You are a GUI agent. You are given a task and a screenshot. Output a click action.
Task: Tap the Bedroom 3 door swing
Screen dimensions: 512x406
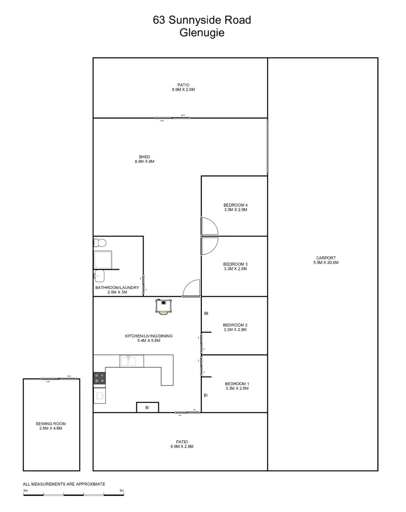pyautogui.click(x=209, y=246)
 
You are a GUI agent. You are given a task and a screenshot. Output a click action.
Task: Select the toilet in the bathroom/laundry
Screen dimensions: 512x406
pyautogui.click(x=99, y=243)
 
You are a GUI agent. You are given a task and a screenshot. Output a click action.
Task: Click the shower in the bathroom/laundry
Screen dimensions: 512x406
pyautogui.click(x=103, y=259)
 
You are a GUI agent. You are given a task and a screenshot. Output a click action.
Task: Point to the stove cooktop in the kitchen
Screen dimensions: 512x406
pyautogui.click(x=99, y=378)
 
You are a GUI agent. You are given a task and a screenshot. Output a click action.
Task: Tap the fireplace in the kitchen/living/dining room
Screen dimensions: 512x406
pyautogui.click(x=163, y=306)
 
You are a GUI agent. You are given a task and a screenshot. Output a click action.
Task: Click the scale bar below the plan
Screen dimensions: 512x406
pyautogui.click(x=73, y=494)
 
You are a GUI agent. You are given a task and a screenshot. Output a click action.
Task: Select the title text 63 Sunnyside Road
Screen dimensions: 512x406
pyautogui.click(x=202, y=20)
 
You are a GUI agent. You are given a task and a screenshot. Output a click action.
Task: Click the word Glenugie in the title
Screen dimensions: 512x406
pyautogui.click(x=202, y=33)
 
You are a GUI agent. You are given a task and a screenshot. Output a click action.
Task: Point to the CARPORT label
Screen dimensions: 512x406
pyautogui.click(x=325, y=258)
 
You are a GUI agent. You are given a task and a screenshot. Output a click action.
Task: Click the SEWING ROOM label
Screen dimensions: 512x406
pyautogui.click(x=50, y=424)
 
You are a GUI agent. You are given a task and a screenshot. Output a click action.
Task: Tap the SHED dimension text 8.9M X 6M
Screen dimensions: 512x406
pyautogui.click(x=144, y=162)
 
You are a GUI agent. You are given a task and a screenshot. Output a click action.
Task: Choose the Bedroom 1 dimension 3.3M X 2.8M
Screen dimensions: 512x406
pyautogui.click(x=236, y=388)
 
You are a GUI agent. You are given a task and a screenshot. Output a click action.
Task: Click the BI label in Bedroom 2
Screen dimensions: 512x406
pyautogui.click(x=206, y=313)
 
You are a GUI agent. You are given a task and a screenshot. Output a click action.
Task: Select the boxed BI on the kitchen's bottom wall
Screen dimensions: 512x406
pyautogui.click(x=147, y=407)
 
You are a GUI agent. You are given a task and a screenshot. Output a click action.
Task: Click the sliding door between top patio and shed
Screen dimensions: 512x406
pyautogui.click(x=172, y=118)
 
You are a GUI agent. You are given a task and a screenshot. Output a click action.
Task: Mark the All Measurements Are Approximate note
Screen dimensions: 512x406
pyautogui.click(x=64, y=484)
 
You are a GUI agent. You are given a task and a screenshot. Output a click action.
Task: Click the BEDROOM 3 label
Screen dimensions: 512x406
pyautogui.click(x=235, y=264)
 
